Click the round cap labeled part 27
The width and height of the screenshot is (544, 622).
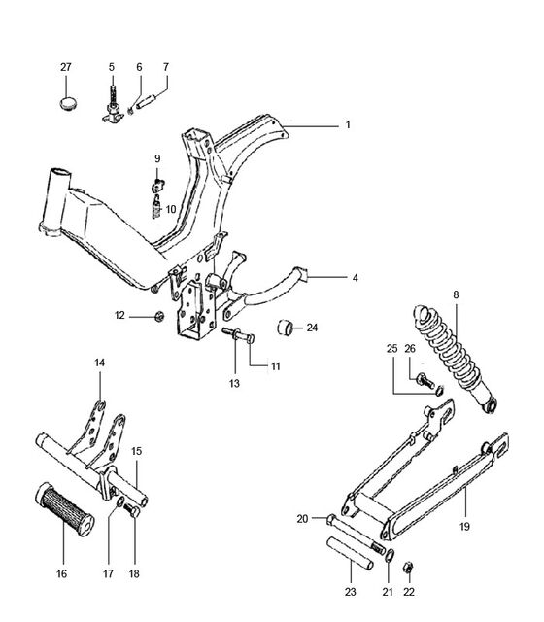68,104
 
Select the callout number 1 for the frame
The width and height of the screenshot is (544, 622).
348,125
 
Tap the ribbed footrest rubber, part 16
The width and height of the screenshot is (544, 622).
65,509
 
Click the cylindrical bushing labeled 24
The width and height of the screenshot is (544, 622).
285,328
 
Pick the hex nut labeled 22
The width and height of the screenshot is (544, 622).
408,568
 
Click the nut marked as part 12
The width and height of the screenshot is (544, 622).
159,316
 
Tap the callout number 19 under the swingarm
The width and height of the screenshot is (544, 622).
464,527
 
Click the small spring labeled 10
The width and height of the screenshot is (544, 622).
157,207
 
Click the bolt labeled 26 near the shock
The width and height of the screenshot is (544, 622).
425,381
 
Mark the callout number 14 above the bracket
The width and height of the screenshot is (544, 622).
99,363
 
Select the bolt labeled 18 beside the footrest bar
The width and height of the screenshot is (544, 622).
131,509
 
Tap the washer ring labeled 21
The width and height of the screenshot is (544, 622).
390,556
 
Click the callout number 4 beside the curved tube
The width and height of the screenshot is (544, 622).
355,278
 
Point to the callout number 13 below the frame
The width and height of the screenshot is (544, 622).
234,383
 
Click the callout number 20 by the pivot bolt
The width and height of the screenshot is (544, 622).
302,518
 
